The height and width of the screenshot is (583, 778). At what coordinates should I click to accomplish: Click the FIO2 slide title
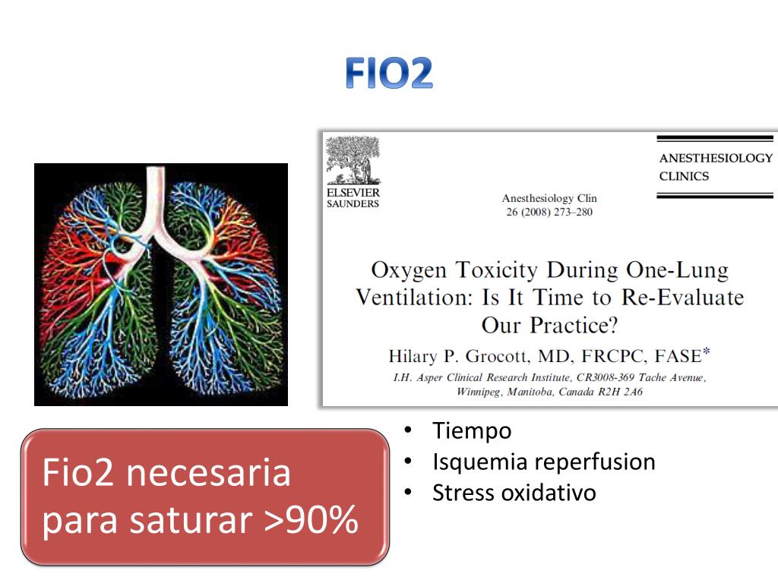tap(388, 74)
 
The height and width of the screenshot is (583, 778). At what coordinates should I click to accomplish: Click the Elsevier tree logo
tap(352, 160)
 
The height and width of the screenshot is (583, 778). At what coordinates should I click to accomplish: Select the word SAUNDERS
tap(353, 203)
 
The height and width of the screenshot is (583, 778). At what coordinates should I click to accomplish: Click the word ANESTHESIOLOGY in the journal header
tap(715, 159)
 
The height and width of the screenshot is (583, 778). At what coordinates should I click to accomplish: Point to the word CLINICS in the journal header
tap(684, 176)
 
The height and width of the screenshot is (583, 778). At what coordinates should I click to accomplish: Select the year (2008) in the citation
tap(532, 212)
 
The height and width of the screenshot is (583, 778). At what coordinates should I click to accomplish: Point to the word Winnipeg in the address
tap(482, 392)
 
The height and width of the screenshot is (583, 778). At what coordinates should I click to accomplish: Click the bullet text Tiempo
tap(472, 431)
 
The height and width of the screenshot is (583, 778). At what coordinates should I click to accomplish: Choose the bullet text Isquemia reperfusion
tap(543, 462)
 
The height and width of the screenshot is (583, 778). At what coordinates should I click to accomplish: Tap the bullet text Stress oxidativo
tap(514, 493)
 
